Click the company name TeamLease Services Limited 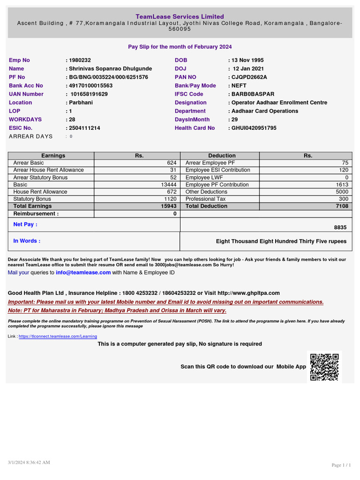point(180,16)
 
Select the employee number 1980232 point(80,60)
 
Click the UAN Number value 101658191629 point(89,94)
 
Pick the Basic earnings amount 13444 point(168,185)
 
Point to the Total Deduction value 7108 point(342,206)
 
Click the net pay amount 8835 point(340,227)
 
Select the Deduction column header point(222,156)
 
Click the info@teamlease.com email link point(83,272)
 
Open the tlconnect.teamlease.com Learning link point(58,337)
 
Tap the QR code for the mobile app point(324,367)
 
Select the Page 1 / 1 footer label point(341,465)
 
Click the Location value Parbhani point(81,102)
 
